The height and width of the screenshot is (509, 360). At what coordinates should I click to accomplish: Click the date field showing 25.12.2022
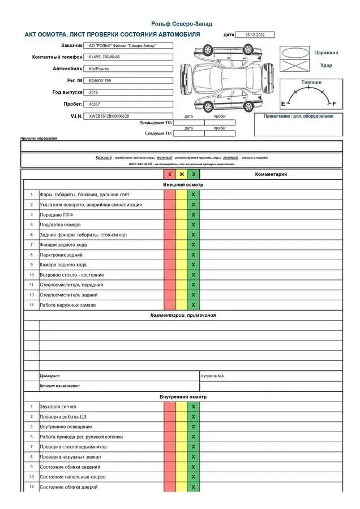point(254,34)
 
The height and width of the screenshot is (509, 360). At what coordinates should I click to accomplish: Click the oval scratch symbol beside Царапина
point(295,53)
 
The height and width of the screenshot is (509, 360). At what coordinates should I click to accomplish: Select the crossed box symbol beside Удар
point(295,66)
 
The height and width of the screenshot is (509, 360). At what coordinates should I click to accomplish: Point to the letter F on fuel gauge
point(334,104)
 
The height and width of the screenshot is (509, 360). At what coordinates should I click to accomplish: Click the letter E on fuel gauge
point(284,104)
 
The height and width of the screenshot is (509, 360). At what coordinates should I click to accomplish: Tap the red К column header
point(170,174)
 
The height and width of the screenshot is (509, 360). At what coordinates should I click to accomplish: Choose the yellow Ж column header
point(182,174)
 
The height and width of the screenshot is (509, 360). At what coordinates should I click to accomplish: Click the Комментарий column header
point(271,174)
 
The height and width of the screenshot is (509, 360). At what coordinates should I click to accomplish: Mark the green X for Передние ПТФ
point(193,215)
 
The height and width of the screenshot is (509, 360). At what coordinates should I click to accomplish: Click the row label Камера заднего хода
point(63,265)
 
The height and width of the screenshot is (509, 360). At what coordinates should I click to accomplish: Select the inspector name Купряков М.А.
point(213,376)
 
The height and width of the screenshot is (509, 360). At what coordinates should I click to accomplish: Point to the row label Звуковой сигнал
point(58,407)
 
